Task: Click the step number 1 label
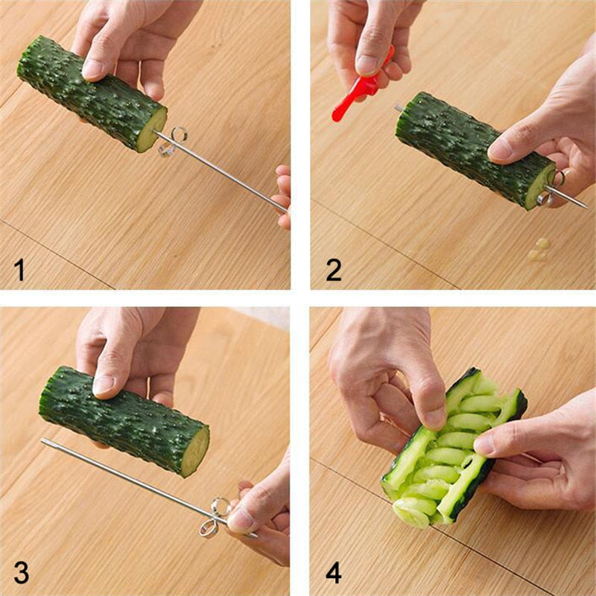pos(20,270)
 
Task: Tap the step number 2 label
pos(334,270)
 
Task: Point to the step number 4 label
pos(334,573)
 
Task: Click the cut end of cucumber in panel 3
pos(195,451)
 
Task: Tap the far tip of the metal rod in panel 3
pos(45,441)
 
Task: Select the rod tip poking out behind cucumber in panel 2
pos(399,108)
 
